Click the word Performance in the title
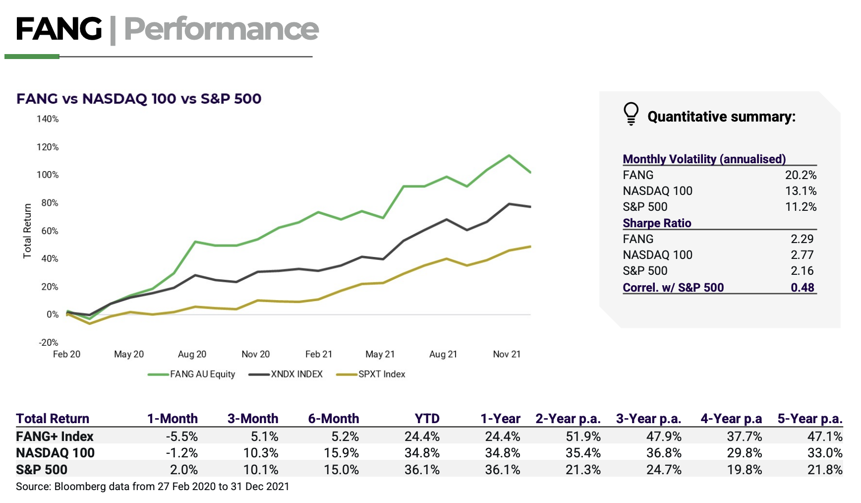221,29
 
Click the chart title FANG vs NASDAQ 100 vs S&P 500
139,99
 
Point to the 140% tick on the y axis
48,119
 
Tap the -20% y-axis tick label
49,343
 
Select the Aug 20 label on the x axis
192,354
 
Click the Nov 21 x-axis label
507,354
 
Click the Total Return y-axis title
27,231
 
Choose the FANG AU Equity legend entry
202,375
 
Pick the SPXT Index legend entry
381,375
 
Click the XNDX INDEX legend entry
296,375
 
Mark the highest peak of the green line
509,156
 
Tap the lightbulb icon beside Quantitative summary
631,114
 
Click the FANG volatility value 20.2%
801,175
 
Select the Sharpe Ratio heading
657,223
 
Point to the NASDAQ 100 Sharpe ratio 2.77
802,255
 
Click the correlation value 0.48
802,288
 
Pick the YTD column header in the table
427,419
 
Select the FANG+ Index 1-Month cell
181,437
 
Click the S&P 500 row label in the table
42,470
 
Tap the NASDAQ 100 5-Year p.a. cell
825,453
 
